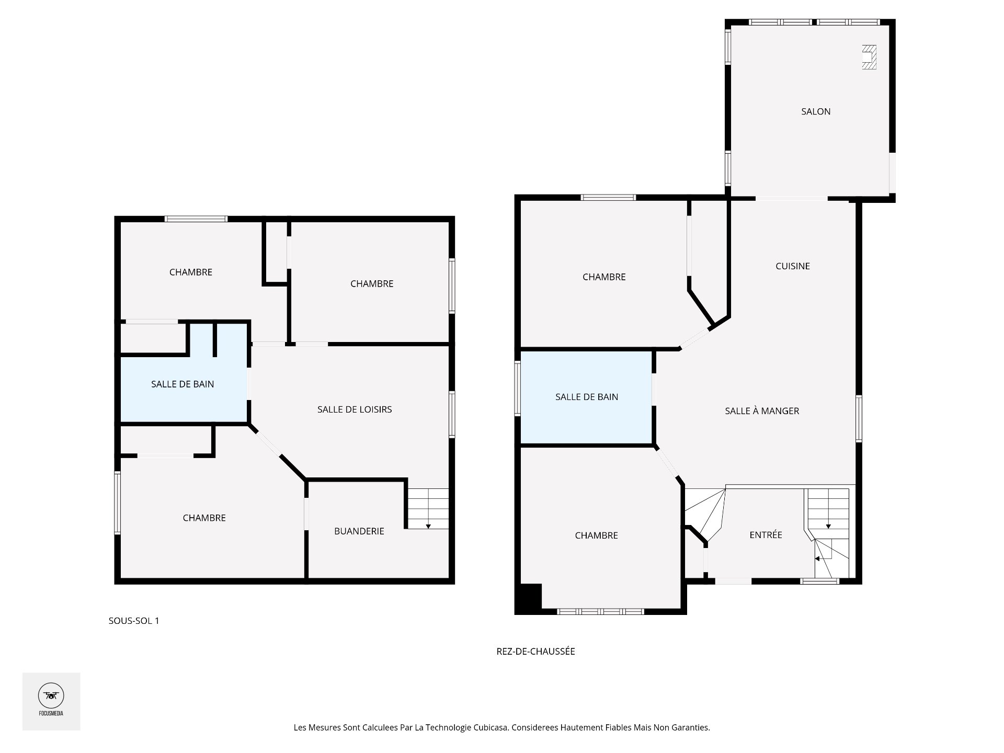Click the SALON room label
click(816, 111)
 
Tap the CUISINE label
click(793, 266)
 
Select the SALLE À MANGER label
click(762, 411)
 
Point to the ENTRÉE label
click(766, 535)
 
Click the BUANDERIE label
click(359, 531)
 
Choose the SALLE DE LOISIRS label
click(355, 409)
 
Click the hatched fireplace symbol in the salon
click(869, 57)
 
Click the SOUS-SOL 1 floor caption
click(134, 621)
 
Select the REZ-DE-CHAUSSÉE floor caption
click(535, 651)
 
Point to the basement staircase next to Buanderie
click(428, 508)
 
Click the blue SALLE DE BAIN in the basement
click(182, 384)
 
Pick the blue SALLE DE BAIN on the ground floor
click(586, 397)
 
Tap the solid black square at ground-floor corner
click(528, 598)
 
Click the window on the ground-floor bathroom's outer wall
click(517, 388)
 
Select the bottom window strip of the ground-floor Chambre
click(600, 611)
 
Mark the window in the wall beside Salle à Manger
click(859, 419)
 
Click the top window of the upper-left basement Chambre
click(196, 219)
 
